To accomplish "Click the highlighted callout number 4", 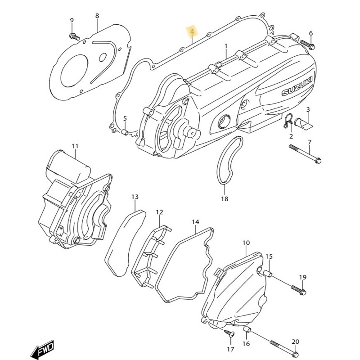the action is [193, 31].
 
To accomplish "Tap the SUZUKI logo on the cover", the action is [297, 86].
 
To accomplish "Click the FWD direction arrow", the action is [42, 348].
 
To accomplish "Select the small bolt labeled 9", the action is [74, 36].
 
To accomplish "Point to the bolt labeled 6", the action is [308, 45].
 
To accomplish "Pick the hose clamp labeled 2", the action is [288, 121].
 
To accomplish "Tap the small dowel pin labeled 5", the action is [125, 132].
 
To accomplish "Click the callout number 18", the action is [225, 199].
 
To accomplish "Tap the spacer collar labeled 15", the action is [268, 274].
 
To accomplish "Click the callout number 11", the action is [75, 146].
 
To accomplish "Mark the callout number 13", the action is [135, 197].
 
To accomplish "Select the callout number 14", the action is [195, 222].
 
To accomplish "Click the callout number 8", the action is [97, 16].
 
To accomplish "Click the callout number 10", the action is [246, 243].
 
